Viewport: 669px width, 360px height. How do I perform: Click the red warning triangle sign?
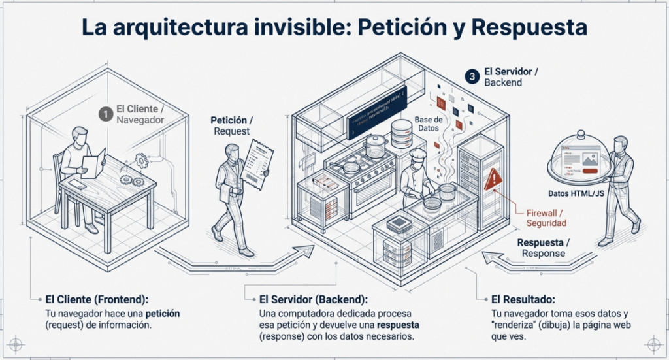pos(493,178)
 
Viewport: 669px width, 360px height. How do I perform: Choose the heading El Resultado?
pos(522,299)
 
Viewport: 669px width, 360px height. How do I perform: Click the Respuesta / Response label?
pos(543,248)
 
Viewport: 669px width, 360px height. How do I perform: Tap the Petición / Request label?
pos(231,125)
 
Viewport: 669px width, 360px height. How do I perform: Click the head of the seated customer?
pos(80,136)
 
